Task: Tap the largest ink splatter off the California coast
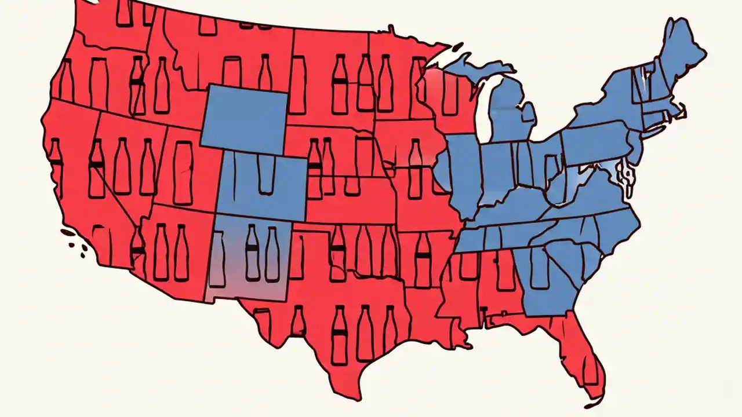click(69, 233)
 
